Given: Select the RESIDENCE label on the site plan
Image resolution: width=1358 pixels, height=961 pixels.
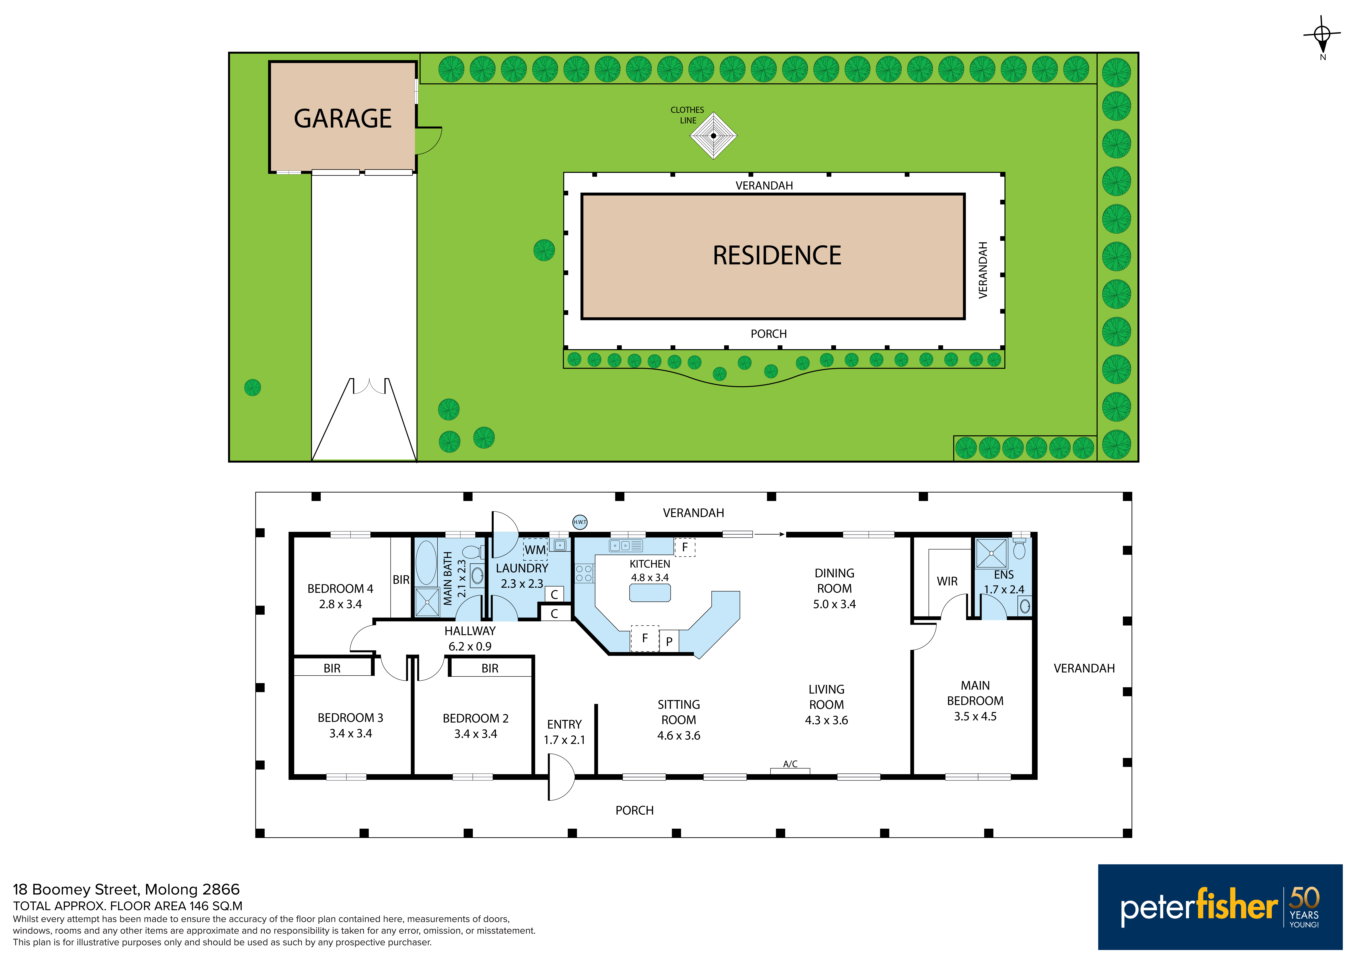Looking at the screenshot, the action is [x=777, y=256].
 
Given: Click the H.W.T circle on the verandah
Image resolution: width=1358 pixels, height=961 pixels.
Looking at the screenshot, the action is [x=580, y=522].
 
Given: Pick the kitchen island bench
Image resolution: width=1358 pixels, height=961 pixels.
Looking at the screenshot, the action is [x=650, y=593].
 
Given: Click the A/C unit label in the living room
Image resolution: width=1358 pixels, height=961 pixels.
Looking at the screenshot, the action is [x=790, y=764].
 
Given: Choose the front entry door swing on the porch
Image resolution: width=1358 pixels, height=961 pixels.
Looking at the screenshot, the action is [x=562, y=777].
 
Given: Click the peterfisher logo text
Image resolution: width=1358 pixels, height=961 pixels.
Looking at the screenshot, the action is [x=1199, y=907].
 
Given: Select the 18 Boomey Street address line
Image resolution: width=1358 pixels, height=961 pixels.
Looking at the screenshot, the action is [x=127, y=889].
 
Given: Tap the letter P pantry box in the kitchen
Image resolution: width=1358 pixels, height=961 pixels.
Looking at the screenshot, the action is [x=669, y=641].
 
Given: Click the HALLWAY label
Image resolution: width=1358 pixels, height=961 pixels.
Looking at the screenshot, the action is [x=470, y=631].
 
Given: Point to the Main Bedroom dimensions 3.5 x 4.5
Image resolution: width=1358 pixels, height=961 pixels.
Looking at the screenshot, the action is [x=975, y=717].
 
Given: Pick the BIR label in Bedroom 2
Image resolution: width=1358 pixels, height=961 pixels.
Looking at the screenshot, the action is [x=490, y=669].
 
